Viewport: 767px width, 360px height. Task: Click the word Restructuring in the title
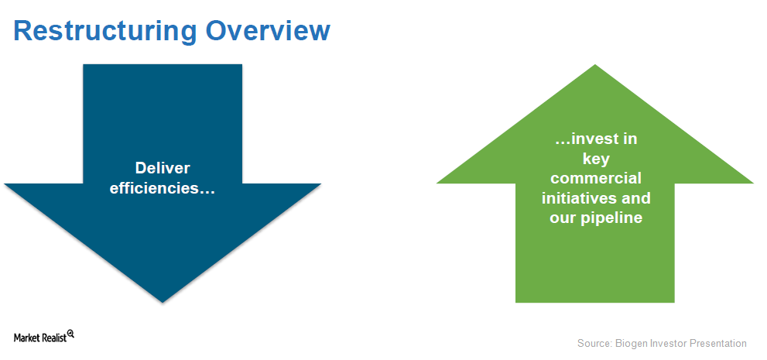(x=105, y=31)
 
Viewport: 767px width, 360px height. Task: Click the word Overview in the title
(x=268, y=30)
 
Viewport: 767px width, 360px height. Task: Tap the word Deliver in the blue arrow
(x=163, y=168)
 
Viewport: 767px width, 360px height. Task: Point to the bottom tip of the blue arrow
(x=163, y=303)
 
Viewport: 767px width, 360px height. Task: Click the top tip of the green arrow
(x=595, y=64)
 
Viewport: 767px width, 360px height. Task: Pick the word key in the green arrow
(x=595, y=159)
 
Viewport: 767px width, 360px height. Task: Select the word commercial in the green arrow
(x=596, y=179)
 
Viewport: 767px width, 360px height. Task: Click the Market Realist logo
(x=43, y=337)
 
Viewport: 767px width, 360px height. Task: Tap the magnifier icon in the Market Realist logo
(x=70, y=334)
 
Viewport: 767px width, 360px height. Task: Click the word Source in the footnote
(x=592, y=344)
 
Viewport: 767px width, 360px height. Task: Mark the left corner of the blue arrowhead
(x=4, y=184)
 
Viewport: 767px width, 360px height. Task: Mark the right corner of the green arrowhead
(x=753, y=183)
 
